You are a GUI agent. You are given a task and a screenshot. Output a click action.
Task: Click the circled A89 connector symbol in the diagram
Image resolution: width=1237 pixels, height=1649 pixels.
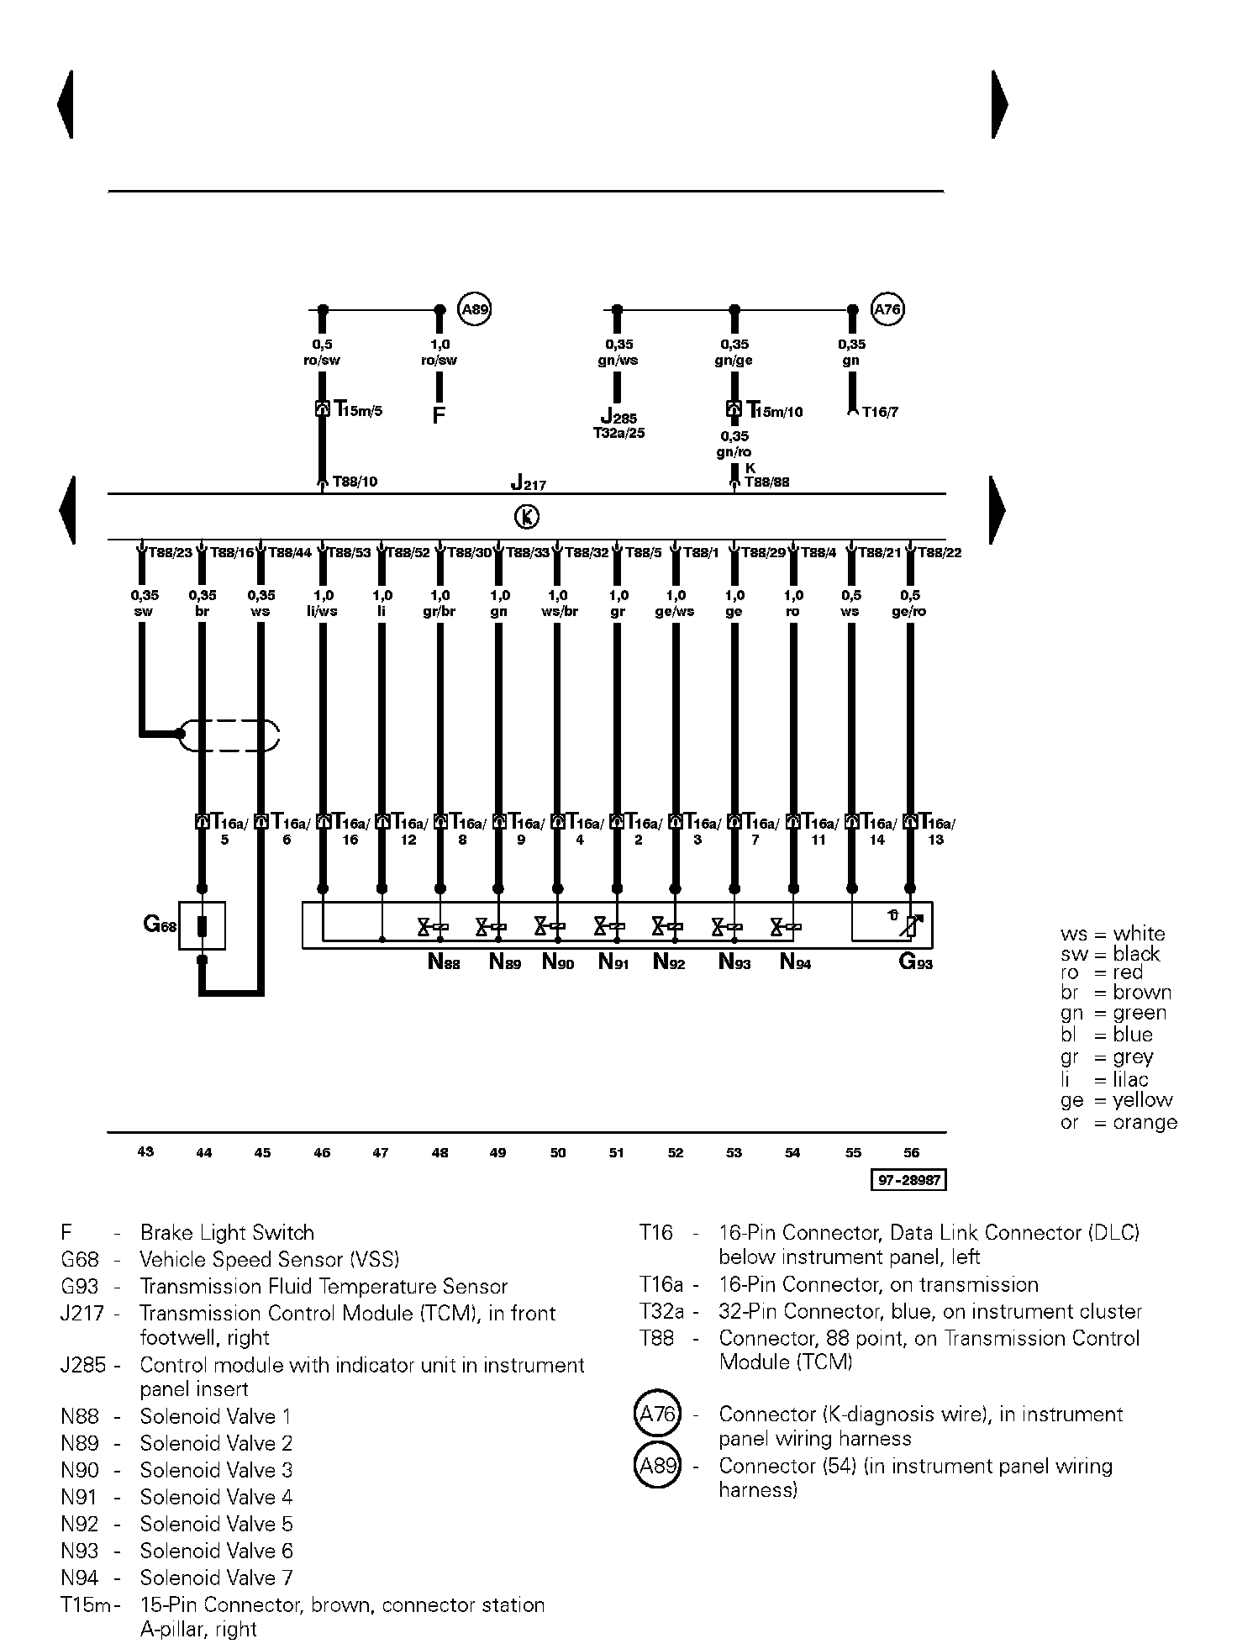click(475, 309)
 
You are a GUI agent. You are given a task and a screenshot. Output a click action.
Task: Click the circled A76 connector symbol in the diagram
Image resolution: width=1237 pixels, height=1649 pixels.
click(887, 309)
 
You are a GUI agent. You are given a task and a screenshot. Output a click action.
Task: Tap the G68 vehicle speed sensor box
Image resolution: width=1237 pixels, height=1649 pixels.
click(202, 926)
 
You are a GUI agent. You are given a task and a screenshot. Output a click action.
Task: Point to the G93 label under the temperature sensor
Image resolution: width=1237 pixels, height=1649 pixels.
click(916, 962)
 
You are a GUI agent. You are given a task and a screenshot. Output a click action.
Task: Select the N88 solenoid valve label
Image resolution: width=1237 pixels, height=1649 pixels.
click(444, 962)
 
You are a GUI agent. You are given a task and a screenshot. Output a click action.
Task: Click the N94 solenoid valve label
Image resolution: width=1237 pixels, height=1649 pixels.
click(795, 962)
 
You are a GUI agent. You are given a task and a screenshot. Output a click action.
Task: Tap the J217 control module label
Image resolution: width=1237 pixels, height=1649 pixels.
click(528, 484)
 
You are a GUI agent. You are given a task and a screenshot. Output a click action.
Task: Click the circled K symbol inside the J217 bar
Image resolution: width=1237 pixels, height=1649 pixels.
click(527, 517)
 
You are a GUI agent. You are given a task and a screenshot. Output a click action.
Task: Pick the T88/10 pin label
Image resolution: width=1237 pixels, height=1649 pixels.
click(355, 482)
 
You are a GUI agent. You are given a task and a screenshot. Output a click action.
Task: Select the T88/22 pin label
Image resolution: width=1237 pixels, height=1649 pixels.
click(940, 553)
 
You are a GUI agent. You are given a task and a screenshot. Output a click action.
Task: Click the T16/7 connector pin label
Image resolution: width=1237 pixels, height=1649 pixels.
click(879, 413)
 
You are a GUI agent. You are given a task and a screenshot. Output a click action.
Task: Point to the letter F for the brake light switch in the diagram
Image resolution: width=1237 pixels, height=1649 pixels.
click(438, 415)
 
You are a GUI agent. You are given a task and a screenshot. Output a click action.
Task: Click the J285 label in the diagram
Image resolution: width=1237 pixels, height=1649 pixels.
click(618, 417)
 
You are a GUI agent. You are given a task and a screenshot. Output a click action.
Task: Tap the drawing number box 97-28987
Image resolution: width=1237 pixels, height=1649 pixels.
click(908, 1180)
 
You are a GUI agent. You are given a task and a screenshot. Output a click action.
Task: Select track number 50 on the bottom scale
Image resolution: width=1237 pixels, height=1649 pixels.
click(558, 1153)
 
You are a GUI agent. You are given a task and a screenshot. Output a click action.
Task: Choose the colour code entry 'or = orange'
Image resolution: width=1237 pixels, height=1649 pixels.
click(1119, 1122)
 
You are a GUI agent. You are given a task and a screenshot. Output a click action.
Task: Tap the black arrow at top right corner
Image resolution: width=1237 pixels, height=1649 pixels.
click(999, 104)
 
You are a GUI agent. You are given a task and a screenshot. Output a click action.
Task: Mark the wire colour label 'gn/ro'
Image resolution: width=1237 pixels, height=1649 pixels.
click(734, 452)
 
